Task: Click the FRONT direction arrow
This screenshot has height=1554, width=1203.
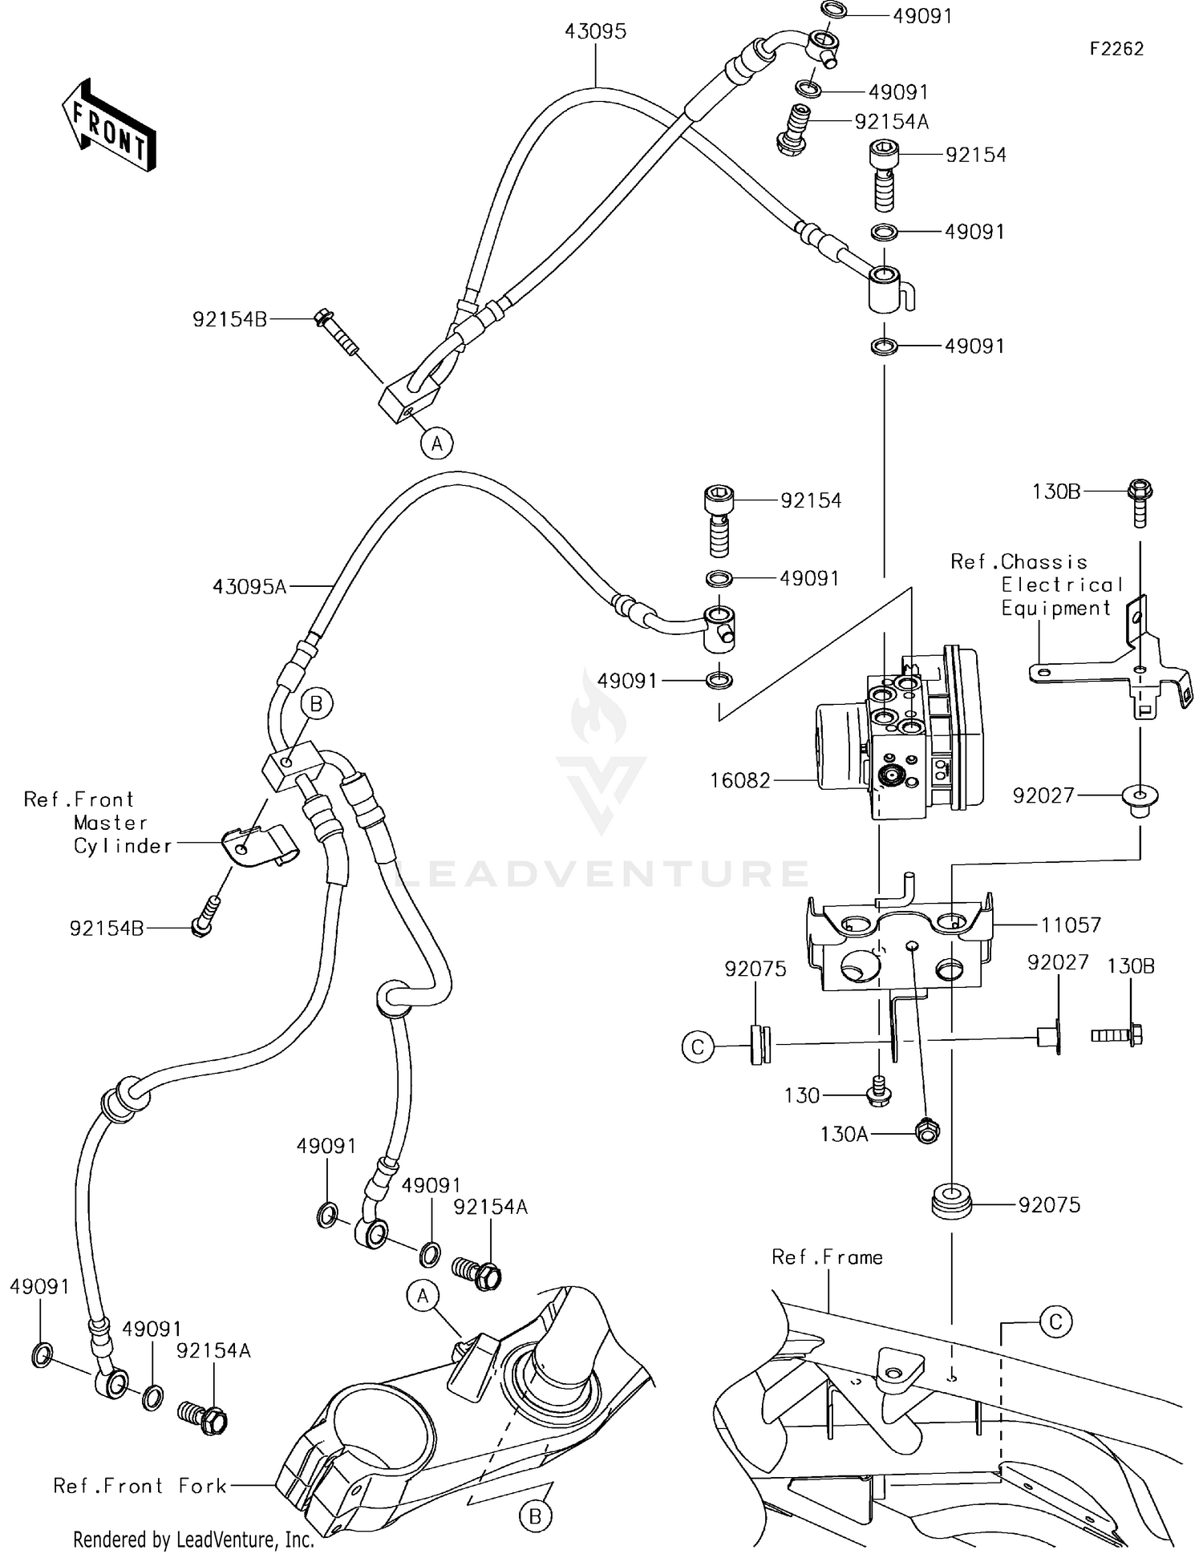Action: pyautogui.click(x=108, y=125)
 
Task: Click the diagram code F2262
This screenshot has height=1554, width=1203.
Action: pyautogui.click(x=1116, y=49)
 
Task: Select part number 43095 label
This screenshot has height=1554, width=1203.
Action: pyautogui.click(x=595, y=31)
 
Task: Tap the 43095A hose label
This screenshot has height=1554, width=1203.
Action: pyautogui.click(x=249, y=587)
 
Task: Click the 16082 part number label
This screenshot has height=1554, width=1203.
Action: pyautogui.click(x=739, y=780)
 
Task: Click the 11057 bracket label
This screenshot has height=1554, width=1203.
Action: pyautogui.click(x=1071, y=925)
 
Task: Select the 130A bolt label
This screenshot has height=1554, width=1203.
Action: pyautogui.click(x=844, y=1134)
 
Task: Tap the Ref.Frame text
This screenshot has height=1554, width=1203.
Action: pyautogui.click(x=827, y=1257)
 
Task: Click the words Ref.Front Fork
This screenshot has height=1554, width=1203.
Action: pyautogui.click(x=140, y=1486)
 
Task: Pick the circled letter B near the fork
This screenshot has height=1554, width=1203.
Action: pyautogui.click(x=535, y=1516)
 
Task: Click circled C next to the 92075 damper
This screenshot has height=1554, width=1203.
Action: pyautogui.click(x=698, y=1047)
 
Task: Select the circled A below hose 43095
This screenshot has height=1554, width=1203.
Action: pyautogui.click(x=437, y=443)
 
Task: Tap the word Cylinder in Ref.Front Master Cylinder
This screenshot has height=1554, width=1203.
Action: pyautogui.click(x=123, y=846)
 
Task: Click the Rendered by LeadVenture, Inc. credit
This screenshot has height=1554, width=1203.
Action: pyautogui.click(x=193, y=1540)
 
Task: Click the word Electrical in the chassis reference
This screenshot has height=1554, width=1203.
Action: pyautogui.click(x=1062, y=585)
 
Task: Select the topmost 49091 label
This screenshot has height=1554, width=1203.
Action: pyautogui.click(x=922, y=15)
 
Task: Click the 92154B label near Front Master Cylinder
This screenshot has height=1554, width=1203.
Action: pyautogui.click(x=107, y=929)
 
